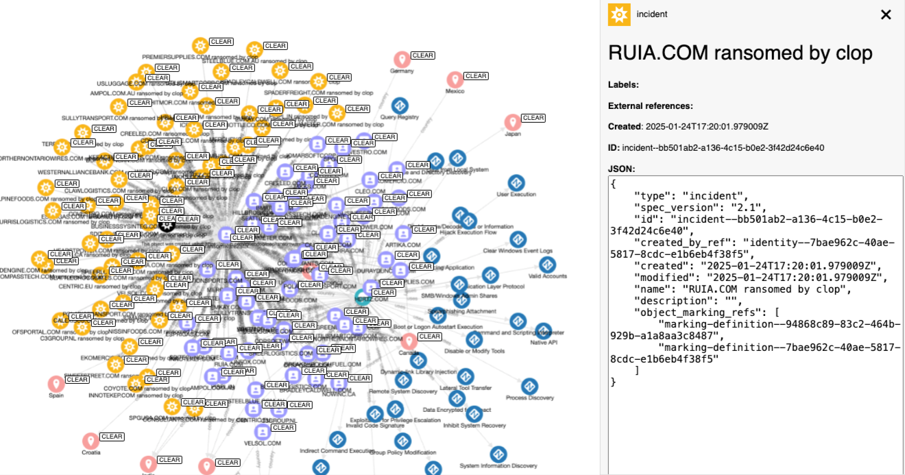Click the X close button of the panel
[x=886, y=14]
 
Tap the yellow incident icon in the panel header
[x=619, y=14]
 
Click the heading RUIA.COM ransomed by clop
[x=740, y=53]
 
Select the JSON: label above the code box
[x=622, y=168]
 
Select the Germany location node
[x=402, y=60]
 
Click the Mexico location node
[x=455, y=80]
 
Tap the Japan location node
[x=512, y=123]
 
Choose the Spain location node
[x=56, y=384]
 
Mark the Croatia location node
[x=90, y=441]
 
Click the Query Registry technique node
[x=400, y=106]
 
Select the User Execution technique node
[x=516, y=184]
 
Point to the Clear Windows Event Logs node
[x=518, y=240]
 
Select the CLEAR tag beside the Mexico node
[x=476, y=76]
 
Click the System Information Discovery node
[x=498, y=454]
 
